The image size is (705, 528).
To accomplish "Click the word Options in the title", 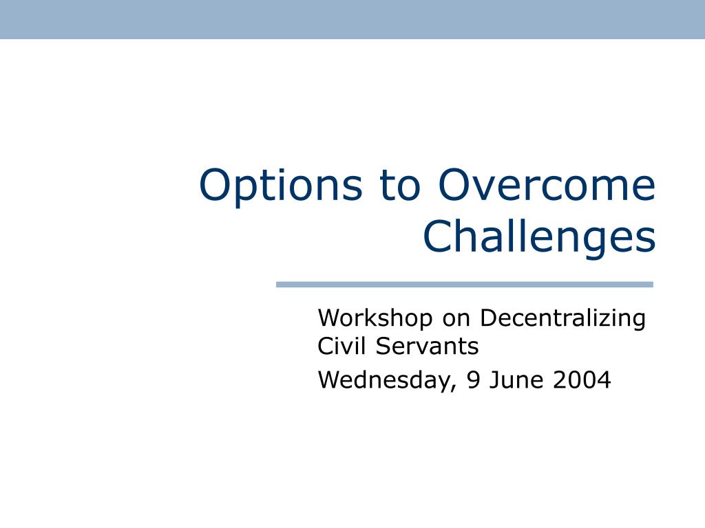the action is pos(281,186).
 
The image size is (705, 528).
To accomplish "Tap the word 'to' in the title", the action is pos(400,186).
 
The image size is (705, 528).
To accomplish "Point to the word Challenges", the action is pos(539,237).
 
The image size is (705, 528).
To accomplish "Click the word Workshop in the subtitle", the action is pos(375,318).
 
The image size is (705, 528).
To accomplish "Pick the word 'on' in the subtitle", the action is pos(456,320).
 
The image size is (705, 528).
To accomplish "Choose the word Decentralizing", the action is pos(563,319).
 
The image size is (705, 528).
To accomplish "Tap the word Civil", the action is pos(341,346).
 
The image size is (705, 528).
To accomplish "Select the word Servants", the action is pos(427,346).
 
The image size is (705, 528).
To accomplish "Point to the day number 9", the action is pos(473,379).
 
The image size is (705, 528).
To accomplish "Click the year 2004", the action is pos(582,379).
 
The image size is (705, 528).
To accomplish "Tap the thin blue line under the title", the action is pos(465,284).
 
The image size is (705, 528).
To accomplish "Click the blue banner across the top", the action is pos(352,19).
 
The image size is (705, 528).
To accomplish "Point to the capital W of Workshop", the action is pos(332,318).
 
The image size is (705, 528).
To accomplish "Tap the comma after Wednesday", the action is pos(453,388).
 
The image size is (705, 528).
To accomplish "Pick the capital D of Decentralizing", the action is pos(489,318).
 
